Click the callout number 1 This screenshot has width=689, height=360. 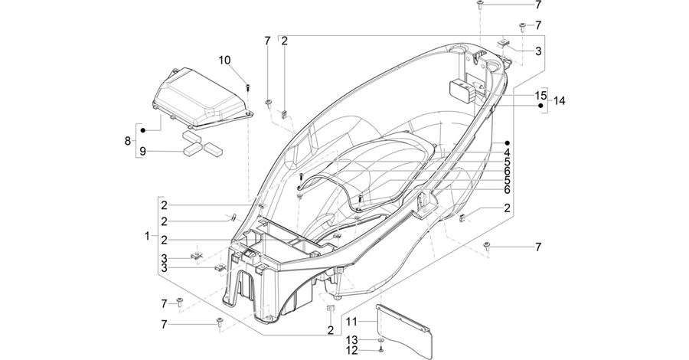[x=147, y=236]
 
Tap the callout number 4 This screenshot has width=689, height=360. [x=507, y=152]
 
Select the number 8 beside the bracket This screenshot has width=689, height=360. [x=128, y=141]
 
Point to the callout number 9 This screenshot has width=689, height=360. [x=142, y=152]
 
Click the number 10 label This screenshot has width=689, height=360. [x=224, y=61]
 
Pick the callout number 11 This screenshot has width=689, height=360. [x=351, y=322]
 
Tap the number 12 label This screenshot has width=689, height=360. [x=352, y=351]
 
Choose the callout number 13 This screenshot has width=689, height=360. [x=352, y=340]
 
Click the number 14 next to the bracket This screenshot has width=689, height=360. [x=560, y=100]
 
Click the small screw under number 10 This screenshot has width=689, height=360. [x=248, y=86]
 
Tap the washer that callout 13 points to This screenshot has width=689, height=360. [x=381, y=340]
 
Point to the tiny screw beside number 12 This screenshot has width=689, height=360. [x=381, y=350]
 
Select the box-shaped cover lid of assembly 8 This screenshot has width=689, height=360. [x=203, y=97]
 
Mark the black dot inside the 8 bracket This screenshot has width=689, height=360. [x=143, y=130]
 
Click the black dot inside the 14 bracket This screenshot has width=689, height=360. [x=541, y=106]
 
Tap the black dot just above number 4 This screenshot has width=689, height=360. [x=507, y=143]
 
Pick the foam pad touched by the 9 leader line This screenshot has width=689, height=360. [x=192, y=150]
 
